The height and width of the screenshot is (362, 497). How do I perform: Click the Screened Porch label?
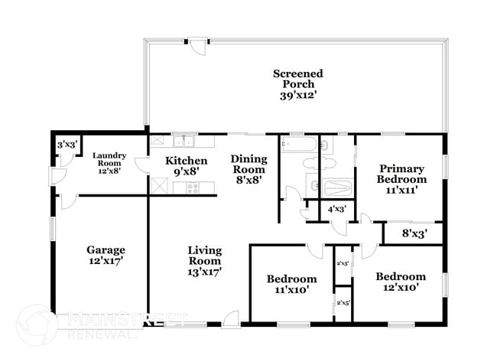point(297,73)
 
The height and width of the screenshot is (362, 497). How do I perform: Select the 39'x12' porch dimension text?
point(297,96)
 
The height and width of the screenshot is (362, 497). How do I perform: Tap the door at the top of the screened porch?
point(198,46)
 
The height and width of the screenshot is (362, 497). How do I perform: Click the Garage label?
point(106,249)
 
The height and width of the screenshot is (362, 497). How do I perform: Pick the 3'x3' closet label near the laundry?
point(66,144)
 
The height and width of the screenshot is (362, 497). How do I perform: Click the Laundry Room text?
point(109,159)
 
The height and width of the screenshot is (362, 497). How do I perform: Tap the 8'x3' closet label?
point(414,233)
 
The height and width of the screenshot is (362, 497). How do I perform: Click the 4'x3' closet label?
point(336,209)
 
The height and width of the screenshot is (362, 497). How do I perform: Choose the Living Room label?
point(206,255)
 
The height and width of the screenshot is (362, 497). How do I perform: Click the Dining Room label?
point(249,163)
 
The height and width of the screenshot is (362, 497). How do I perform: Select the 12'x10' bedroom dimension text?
point(401,289)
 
